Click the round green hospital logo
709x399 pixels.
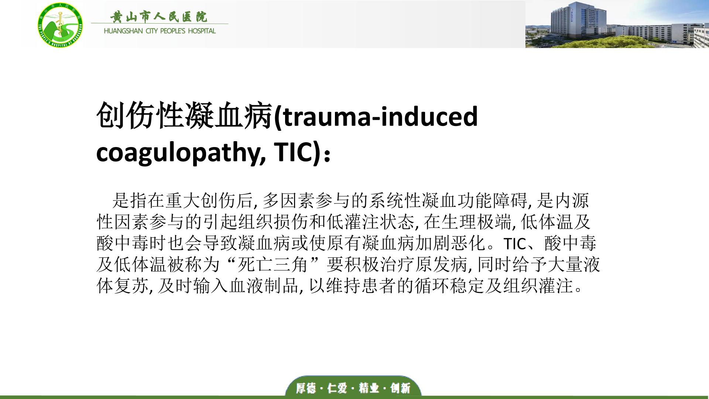tap(60, 24)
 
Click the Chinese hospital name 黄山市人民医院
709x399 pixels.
tap(159, 17)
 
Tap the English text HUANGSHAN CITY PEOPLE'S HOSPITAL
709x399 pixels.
tap(160, 31)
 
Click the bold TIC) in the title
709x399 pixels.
tap(297, 152)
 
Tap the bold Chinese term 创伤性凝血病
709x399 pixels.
tap(184, 116)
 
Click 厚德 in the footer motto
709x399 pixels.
tap(306, 388)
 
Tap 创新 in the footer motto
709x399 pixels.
tap(400, 388)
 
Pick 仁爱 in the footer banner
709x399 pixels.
tap(338, 388)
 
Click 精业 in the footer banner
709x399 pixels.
tap(369, 388)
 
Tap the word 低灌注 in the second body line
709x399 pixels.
tap(353, 222)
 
